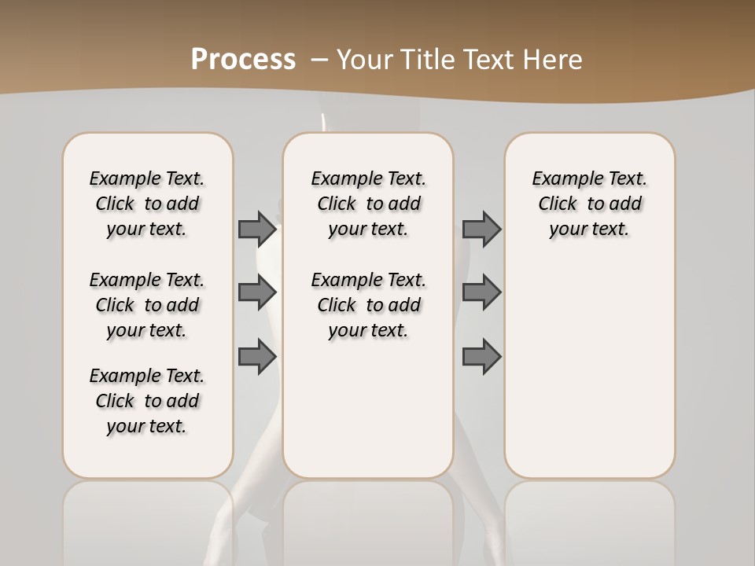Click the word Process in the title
coord(243,59)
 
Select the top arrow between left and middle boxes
coord(257,229)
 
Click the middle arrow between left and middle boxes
coord(257,292)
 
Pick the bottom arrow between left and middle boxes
coord(257,356)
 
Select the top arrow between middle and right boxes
coord(481,229)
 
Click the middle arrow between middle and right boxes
coord(481,292)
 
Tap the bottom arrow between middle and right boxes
coord(481,356)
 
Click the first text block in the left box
coord(147,204)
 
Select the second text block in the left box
coord(147,305)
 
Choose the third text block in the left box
coord(147,401)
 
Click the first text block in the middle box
coord(368,204)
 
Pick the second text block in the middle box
coord(368,305)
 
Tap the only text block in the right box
coord(589,204)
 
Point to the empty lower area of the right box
coord(589,369)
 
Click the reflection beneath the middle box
coord(368,519)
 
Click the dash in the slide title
coord(319,60)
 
